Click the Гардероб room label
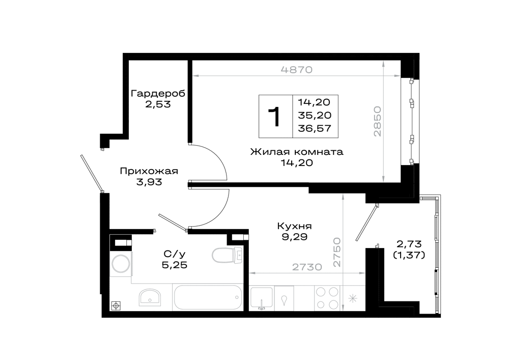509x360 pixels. click(x=158, y=94)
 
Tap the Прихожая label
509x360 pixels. click(x=149, y=171)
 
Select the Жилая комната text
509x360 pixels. click(x=297, y=152)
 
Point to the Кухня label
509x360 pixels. click(x=294, y=226)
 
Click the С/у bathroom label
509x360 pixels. click(x=175, y=254)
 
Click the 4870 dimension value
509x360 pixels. click(x=296, y=70)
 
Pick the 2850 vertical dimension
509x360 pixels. click(x=377, y=121)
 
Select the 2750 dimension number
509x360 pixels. click(x=337, y=252)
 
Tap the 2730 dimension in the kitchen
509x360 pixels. click(x=307, y=267)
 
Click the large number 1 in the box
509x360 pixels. click(x=275, y=117)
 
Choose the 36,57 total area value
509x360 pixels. click(x=315, y=128)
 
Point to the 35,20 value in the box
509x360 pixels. click(x=315, y=115)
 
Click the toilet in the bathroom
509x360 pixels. click(x=227, y=255)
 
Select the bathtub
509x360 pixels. click(x=208, y=298)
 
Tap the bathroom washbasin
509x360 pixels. click(x=150, y=297)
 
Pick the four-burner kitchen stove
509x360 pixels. click(x=327, y=298)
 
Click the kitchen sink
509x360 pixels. click(x=262, y=298)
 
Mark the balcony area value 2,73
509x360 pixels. click(x=409, y=244)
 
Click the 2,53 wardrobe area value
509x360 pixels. click(x=158, y=104)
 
